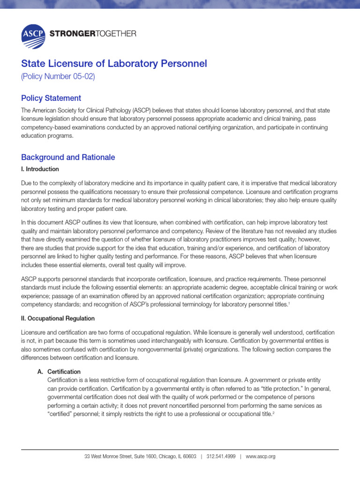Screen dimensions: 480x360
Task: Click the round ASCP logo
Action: (33, 37)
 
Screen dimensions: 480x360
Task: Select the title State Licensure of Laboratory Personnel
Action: (114, 63)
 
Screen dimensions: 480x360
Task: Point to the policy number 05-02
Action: (58, 77)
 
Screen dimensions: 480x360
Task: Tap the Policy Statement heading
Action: (51, 98)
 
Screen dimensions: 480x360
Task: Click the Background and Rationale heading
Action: (68, 157)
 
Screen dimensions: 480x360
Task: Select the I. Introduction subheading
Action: (40, 169)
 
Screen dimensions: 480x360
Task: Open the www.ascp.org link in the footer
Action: (260, 457)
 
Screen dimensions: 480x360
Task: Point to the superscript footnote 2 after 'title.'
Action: (273, 412)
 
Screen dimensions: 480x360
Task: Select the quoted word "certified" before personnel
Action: (58, 414)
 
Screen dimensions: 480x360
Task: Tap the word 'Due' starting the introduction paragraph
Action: (27, 183)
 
